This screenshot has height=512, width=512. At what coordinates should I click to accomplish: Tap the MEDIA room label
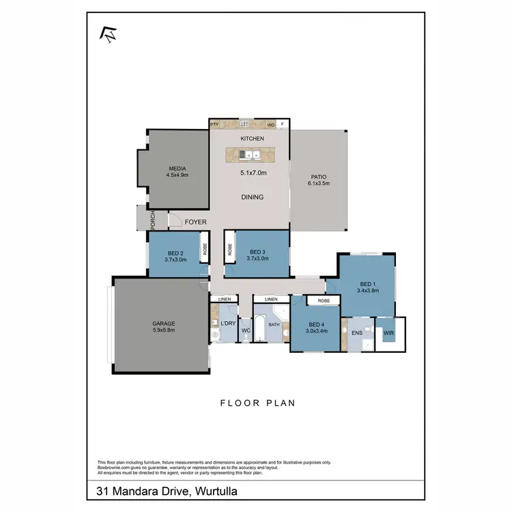tap(177, 169)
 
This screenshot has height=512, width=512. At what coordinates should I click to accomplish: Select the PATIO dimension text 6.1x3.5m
tap(318, 184)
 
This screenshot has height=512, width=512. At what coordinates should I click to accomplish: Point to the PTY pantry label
tap(214, 124)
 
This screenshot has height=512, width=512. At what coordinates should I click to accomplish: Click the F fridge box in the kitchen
tap(284, 124)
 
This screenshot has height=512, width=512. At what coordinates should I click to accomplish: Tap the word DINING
tap(252, 197)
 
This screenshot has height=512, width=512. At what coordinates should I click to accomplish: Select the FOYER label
tap(196, 222)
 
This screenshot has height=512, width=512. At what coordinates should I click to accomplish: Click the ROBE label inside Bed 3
tap(229, 251)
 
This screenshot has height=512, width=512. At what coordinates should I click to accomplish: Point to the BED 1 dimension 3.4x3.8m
tap(367, 290)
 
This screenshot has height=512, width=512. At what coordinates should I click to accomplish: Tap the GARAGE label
tap(163, 324)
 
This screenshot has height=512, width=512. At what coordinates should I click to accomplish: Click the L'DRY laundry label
tap(227, 324)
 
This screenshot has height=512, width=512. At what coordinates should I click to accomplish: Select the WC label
tap(246, 331)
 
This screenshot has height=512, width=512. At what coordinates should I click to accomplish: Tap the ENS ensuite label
tap(356, 332)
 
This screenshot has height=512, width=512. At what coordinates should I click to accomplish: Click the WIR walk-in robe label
tap(389, 333)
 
